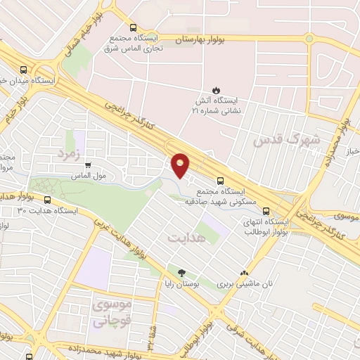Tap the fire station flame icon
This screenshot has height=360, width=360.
[x=216, y=89]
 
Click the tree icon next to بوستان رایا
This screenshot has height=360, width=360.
[x=182, y=273]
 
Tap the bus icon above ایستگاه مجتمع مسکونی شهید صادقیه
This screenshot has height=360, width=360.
[x=221, y=180]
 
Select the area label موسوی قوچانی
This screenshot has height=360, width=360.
[x=112, y=314]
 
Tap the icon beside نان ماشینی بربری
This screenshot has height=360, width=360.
[x=244, y=273]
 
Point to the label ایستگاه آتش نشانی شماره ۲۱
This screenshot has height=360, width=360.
[x=216, y=105]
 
